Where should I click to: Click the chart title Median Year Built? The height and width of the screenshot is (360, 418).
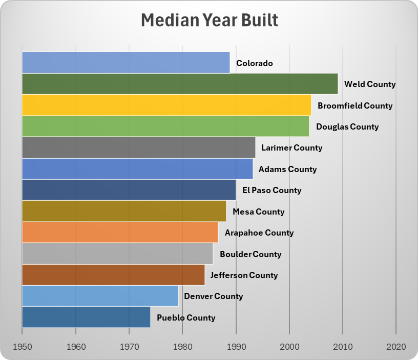(x=209, y=21)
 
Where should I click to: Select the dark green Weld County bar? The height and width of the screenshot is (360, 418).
(x=179, y=84)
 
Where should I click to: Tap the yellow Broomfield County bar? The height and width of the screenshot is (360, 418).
(x=166, y=105)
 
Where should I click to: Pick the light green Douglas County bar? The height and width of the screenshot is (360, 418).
(x=165, y=126)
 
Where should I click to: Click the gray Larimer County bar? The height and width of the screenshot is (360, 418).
(x=138, y=147)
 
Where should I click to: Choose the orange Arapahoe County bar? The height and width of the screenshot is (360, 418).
(x=120, y=232)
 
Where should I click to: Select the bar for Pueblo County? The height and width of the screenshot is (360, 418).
(x=86, y=317)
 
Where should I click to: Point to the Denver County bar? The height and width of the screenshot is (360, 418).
(x=100, y=296)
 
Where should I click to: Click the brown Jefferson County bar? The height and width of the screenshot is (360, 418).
(x=113, y=275)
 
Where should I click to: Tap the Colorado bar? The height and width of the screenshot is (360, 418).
(x=126, y=62)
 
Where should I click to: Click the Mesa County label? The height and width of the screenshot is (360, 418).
(x=258, y=211)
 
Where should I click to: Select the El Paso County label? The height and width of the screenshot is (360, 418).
(x=271, y=190)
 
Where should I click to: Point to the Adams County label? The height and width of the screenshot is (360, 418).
(x=287, y=169)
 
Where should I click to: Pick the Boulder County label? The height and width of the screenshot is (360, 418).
(x=250, y=254)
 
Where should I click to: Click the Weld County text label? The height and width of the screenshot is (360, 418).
(x=370, y=84)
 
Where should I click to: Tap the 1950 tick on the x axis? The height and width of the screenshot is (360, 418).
(x=22, y=347)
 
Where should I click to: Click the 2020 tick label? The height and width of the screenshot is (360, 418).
(x=396, y=347)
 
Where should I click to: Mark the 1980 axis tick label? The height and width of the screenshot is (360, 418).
(x=182, y=347)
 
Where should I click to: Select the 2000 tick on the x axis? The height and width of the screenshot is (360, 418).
(x=289, y=347)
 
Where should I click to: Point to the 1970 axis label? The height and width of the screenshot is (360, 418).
(x=129, y=347)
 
